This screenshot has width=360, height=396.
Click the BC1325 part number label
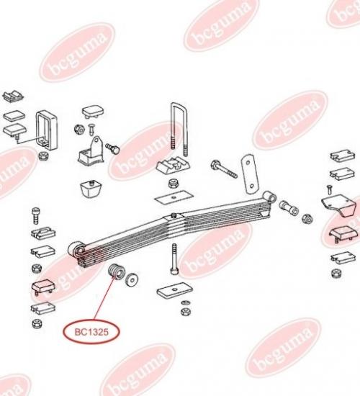[x=91, y=332]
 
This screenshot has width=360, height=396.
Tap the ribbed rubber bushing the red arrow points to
[x=117, y=271]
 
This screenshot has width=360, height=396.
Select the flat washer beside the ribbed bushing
[x=132, y=279]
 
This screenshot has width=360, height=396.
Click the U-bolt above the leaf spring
[x=179, y=129]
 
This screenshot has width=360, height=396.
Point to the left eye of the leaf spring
[x=76, y=250]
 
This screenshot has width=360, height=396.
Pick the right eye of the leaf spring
[x=269, y=197]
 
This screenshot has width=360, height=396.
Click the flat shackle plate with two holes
[x=250, y=174]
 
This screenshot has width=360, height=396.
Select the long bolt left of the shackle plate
[x=224, y=168]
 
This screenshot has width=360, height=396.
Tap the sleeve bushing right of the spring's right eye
[x=289, y=207]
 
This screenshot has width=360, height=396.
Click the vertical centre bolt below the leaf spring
[x=174, y=259]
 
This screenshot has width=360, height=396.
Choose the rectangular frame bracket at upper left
[x=47, y=130]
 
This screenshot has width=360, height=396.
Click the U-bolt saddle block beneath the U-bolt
[x=174, y=166]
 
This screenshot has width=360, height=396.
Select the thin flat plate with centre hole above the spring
[x=174, y=197]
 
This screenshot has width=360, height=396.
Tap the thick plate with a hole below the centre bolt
[x=174, y=290]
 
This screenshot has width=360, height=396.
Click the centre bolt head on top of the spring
[x=174, y=215]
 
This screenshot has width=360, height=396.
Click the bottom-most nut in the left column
[x=37, y=323]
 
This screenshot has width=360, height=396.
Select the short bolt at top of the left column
[x=36, y=215]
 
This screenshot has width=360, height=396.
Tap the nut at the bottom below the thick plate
[x=186, y=312]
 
